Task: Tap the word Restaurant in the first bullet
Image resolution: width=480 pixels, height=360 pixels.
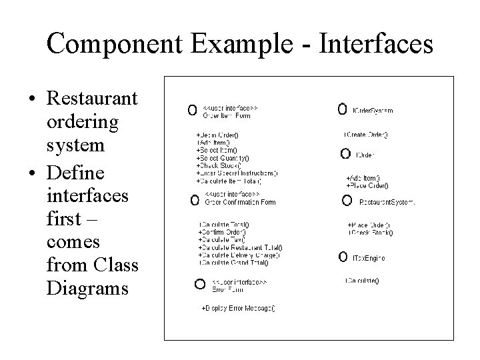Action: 93,99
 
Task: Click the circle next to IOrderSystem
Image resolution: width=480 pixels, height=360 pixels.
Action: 342,108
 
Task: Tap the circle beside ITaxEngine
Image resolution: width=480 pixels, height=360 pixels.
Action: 343,256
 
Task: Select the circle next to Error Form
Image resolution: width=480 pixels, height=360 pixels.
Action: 199,284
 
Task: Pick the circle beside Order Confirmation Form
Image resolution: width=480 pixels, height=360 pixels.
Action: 194,199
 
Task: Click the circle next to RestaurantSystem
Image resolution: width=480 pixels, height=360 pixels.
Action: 347,200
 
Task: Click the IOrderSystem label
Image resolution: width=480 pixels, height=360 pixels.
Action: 373,111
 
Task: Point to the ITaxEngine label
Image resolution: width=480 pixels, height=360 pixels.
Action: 369,258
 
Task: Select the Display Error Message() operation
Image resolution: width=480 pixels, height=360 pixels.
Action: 238,309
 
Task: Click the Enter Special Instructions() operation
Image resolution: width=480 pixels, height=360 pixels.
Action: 237,173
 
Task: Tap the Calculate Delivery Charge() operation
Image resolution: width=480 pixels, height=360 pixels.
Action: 239,254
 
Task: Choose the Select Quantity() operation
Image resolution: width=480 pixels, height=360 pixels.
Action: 223,158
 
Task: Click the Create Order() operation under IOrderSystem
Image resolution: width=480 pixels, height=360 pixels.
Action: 366,135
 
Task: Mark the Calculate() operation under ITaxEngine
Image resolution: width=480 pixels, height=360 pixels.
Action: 362,281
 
